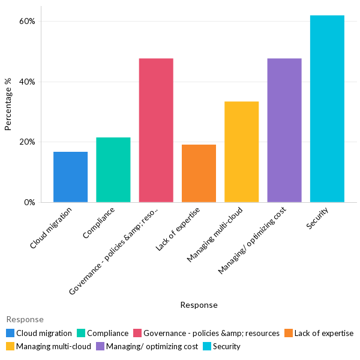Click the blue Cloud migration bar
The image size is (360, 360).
pyautogui.click(x=70, y=177)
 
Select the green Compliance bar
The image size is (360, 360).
pyautogui.click(x=113, y=170)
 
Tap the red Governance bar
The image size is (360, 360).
pyautogui.click(x=156, y=130)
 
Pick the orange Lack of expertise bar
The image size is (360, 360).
pyautogui.click(x=199, y=173)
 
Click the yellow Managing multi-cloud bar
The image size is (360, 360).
pyautogui.click(x=241, y=152)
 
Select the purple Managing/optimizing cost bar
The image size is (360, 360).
pyautogui.click(x=284, y=130)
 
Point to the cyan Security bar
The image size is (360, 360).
pyautogui.click(x=327, y=109)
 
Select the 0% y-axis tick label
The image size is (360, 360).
pyautogui.click(x=29, y=202)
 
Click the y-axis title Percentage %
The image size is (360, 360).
pyautogui.click(x=8, y=109)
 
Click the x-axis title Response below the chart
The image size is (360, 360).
pyautogui.click(x=199, y=305)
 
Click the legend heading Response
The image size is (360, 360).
pyautogui.click(x=25, y=319)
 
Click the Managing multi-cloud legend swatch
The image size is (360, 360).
pyautogui.click(x=10, y=346)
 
